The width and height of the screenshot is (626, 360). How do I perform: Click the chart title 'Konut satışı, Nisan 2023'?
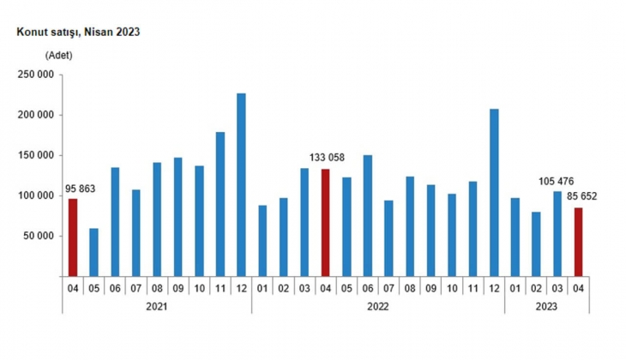[x=73, y=32]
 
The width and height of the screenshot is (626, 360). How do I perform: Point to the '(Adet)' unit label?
[x=59, y=55]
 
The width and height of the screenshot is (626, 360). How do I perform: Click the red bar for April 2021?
[x=73, y=237]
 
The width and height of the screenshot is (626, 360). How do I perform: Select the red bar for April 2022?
[x=326, y=222]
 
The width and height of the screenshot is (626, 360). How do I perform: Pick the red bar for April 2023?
[x=579, y=242]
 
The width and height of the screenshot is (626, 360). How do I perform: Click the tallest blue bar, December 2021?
[x=241, y=184]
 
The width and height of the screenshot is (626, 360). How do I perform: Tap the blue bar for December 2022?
[x=494, y=193]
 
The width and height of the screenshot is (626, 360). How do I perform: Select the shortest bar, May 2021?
[x=93, y=252]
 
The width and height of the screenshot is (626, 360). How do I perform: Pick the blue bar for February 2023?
[x=537, y=243]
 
